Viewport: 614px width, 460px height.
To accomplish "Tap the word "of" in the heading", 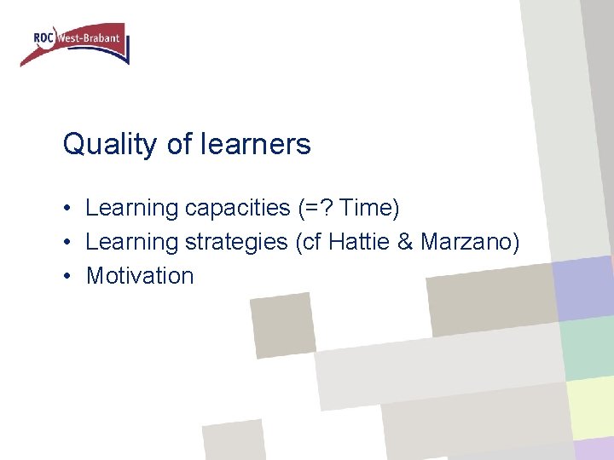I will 180,145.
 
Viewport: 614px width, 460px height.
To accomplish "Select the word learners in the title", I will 256,145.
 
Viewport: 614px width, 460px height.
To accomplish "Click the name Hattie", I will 361,241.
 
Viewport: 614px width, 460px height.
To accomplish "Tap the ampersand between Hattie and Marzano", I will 404,241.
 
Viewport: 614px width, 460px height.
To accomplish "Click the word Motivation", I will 140,276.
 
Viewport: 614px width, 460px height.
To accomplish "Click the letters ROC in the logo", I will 43,37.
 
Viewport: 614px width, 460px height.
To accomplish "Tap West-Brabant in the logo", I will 89,38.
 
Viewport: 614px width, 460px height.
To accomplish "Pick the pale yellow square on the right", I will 590,407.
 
